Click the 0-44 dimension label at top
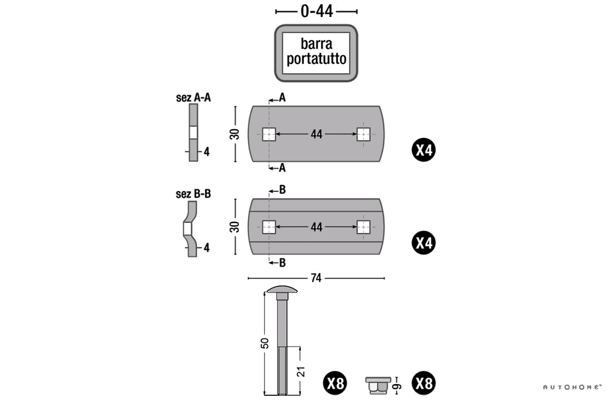[316, 11]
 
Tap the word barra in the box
[316, 44]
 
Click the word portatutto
[316, 59]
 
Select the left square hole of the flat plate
[269, 134]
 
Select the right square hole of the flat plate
[363, 134]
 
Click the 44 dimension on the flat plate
[316, 134]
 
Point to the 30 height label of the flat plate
[235, 135]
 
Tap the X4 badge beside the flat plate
[424, 151]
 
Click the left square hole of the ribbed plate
[269, 227]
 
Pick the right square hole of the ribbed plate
[363, 227]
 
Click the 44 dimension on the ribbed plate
[316, 227]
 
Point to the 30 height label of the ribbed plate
[235, 227]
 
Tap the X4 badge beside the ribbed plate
[424, 243]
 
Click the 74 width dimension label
[316, 278]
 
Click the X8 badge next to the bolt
[336, 384]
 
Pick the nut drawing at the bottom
[377, 385]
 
